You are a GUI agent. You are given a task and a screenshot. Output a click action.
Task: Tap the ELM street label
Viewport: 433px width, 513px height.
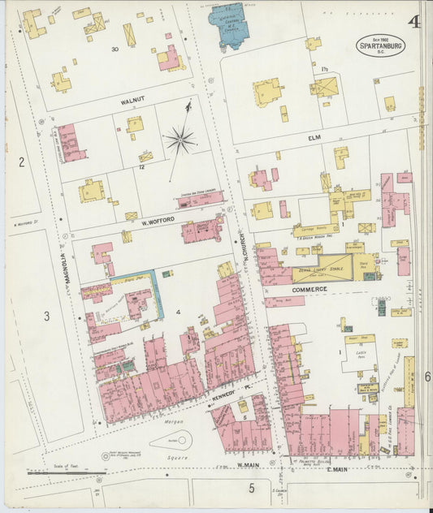314,138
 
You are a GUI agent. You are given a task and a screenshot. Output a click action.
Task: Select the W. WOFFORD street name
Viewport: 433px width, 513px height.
158,219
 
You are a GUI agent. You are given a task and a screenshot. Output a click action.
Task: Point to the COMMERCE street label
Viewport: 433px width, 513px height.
310,289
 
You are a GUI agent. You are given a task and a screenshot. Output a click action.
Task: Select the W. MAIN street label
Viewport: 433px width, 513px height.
247,465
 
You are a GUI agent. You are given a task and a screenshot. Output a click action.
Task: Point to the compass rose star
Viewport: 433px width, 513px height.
180,140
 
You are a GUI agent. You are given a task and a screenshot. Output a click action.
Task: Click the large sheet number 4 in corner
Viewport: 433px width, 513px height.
414,22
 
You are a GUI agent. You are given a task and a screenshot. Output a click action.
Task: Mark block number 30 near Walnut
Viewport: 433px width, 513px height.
115,50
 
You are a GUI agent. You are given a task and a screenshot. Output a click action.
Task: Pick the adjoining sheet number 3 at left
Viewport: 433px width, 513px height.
47,316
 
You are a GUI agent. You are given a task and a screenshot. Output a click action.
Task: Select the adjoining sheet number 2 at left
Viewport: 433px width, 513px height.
22,162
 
